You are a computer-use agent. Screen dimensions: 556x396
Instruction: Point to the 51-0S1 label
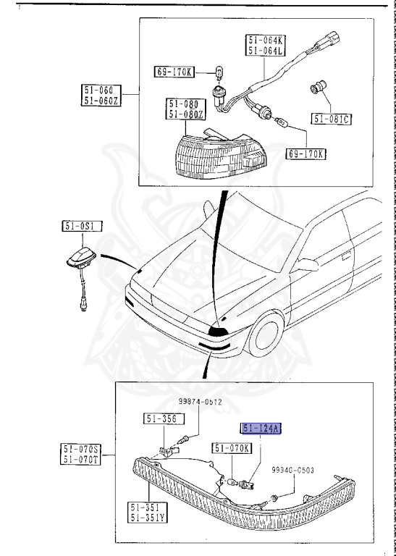point(81,227)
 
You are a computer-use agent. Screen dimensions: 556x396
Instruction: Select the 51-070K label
point(232,448)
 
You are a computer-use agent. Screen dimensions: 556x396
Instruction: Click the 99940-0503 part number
point(314,470)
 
